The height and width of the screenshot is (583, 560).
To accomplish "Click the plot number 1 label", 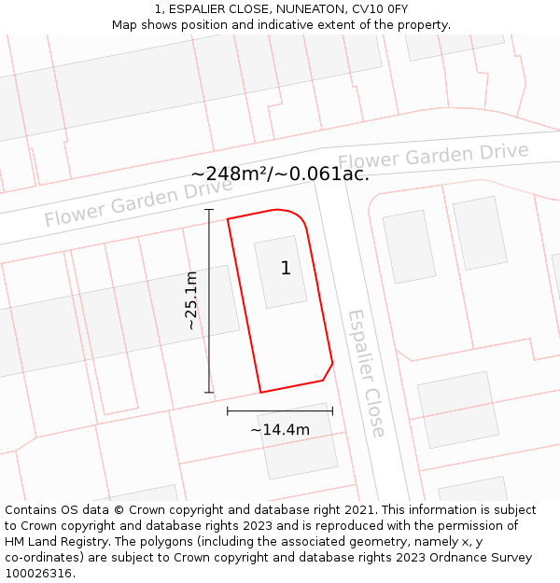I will click(286, 269).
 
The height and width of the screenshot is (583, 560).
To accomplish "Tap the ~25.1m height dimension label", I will click(190, 300).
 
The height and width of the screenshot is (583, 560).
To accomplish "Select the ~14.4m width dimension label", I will click(280, 429).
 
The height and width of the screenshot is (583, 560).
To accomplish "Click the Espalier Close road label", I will click(366, 373).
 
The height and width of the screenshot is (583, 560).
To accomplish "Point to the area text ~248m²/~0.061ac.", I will click(280, 174).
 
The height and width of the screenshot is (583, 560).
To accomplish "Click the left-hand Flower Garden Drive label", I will click(138, 203).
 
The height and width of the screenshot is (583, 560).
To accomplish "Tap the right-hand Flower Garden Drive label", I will click(433, 157).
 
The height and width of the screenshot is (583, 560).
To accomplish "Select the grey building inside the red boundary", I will click(281, 271).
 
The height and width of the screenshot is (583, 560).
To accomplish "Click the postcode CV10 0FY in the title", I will click(385, 8).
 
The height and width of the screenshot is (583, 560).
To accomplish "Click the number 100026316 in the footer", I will click(37, 573).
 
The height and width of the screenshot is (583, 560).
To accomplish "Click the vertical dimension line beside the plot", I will click(209, 300).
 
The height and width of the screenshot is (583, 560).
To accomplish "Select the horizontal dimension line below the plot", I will click(280, 409).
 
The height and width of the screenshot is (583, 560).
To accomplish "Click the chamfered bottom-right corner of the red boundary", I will click(328, 371).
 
